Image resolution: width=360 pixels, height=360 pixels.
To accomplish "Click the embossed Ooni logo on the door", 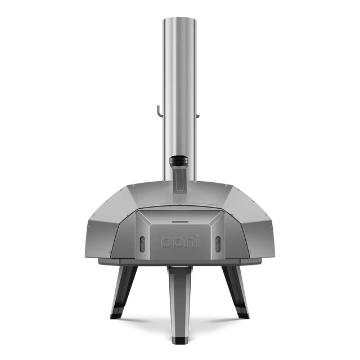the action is pyautogui.click(x=180, y=241).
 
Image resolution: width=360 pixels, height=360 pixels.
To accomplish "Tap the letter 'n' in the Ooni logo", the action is pyautogui.click(x=189, y=242).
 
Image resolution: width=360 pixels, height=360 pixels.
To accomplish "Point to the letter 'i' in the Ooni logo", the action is pyautogui.click(x=198, y=241).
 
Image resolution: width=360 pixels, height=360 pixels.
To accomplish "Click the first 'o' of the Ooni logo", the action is pyautogui.click(x=166, y=242).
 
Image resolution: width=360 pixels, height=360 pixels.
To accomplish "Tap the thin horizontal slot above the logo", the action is pyautogui.click(x=180, y=222).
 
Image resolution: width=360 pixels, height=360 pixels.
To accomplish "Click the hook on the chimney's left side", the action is pyautogui.click(x=160, y=111).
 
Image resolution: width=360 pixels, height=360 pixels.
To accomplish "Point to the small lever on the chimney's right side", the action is pyautogui.click(x=199, y=116).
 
